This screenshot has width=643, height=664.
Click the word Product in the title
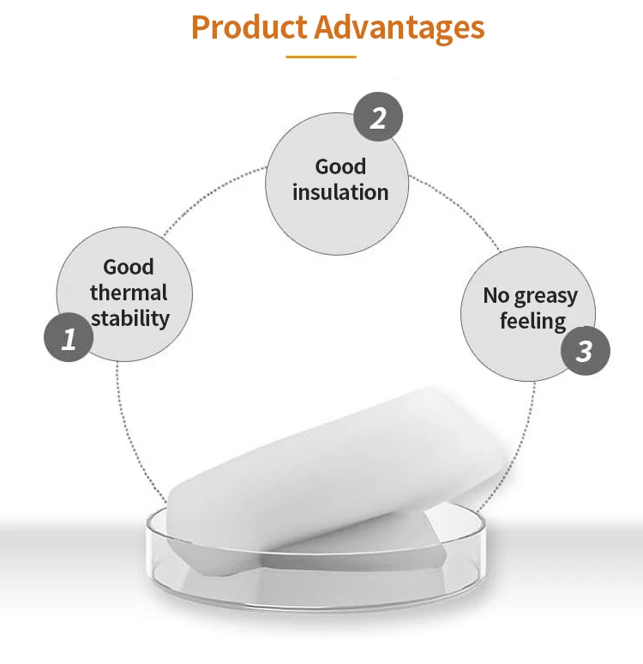pyautogui.click(x=249, y=27)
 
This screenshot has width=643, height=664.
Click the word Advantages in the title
pyautogui.click(x=400, y=28)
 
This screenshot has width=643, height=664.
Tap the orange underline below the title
pyautogui.click(x=321, y=57)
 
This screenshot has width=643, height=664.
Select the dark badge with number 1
pyautogui.click(x=69, y=337)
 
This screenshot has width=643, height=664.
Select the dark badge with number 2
pyautogui.click(x=378, y=117)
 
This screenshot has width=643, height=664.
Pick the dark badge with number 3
pyautogui.click(x=585, y=351)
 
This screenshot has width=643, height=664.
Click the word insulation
pyautogui.click(x=340, y=192)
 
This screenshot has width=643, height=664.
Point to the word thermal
pyautogui.click(x=129, y=293)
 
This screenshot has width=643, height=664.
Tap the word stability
pyautogui.click(x=130, y=319)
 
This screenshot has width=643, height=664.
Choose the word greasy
pyautogui.click(x=546, y=296)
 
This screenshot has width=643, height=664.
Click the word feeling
pyautogui.click(x=533, y=322)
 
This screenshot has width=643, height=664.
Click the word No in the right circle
pyautogui.click(x=496, y=295)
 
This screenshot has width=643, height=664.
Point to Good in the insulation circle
pyautogui.click(x=340, y=166)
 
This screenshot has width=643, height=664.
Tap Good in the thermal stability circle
pyautogui.click(x=129, y=267)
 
